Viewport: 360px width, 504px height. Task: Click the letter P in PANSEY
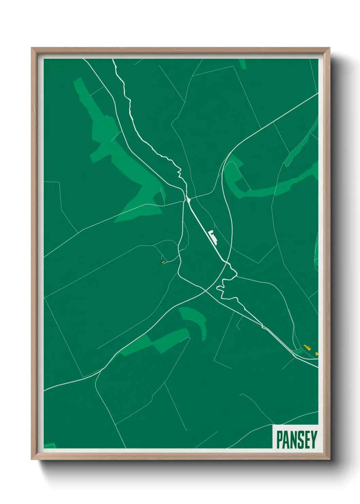[x=279, y=439]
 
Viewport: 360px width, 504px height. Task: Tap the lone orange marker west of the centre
[x=163, y=262]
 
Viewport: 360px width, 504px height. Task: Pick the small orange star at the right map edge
[x=317, y=354]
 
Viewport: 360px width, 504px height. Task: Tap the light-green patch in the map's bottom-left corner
[x=50, y=446]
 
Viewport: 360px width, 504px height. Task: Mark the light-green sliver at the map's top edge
[x=242, y=63]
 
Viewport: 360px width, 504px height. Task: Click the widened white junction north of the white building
[x=188, y=199]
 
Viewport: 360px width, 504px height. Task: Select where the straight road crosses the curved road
[x=227, y=263]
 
